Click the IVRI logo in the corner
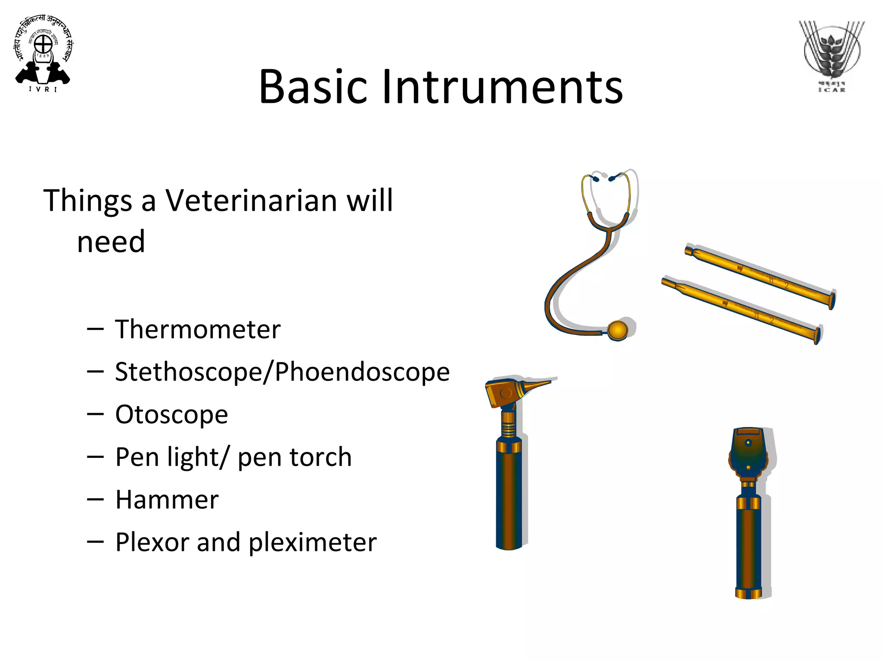(x=43, y=54)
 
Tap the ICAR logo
(x=831, y=56)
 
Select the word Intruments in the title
(x=502, y=87)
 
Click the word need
(x=111, y=242)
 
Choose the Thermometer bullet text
(x=198, y=330)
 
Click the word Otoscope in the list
(x=171, y=415)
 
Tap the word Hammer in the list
(x=167, y=500)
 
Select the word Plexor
(x=152, y=542)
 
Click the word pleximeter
(x=313, y=542)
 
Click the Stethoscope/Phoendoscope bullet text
(x=282, y=372)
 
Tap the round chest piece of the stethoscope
(x=618, y=330)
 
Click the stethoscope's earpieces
(x=603, y=177)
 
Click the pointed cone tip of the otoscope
(x=538, y=384)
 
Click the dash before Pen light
(x=95, y=457)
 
